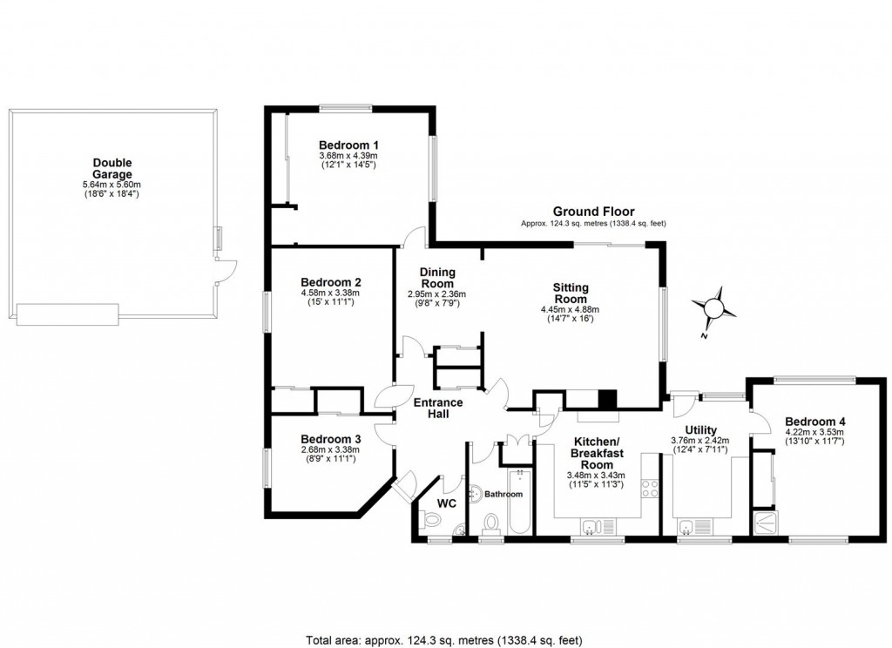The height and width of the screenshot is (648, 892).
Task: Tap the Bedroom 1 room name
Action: click(x=348, y=145)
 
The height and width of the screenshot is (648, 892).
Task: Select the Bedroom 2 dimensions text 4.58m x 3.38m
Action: click(x=330, y=293)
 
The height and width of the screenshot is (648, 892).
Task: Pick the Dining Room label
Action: click(x=437, y=278)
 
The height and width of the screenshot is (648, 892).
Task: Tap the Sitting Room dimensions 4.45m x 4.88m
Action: click(x=571, y=309)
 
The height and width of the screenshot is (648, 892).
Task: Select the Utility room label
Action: click(x=700, y=430)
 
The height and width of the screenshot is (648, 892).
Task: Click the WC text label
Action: click(x=446, y=503)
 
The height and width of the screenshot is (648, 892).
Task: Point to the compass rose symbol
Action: click(x=713, y=307)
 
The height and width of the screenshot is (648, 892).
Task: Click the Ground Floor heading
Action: click(x=593, y=212)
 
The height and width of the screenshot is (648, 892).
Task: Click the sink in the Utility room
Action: click(x=688, y=524)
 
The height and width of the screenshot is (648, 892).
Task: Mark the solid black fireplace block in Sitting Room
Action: click(x=607, y=399)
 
